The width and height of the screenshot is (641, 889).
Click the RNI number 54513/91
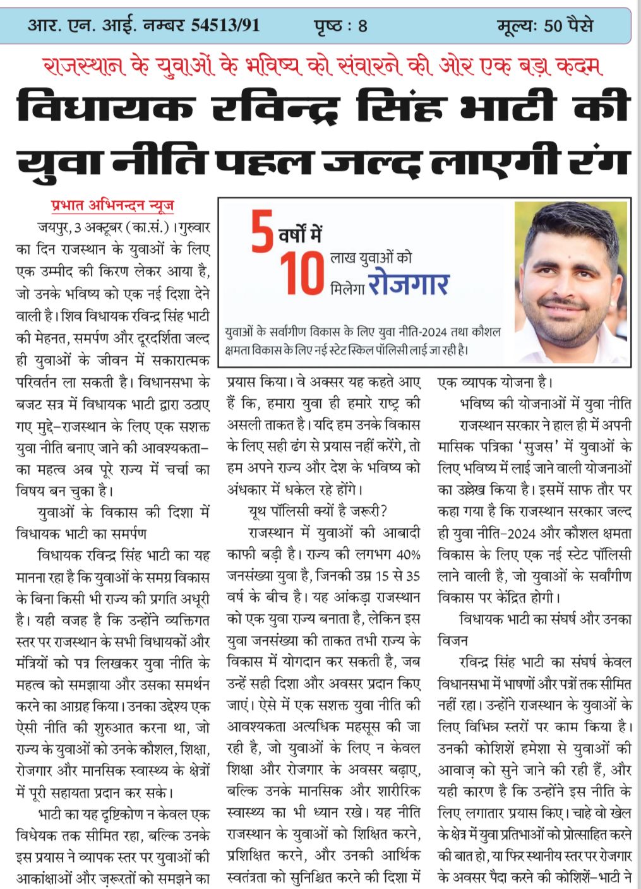point(225,26)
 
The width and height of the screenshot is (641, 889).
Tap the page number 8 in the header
point(362,27)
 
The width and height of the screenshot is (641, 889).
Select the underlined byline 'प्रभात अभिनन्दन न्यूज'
point(112,206)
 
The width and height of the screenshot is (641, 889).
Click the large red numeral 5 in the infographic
point(262,234)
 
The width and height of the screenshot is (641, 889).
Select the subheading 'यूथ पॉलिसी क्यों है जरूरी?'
point(318,511)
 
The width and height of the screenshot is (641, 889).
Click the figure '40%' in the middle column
point(408,555)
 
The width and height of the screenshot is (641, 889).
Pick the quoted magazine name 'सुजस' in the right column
point(544,446)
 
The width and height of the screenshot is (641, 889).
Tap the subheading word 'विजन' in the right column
point(453,640)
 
